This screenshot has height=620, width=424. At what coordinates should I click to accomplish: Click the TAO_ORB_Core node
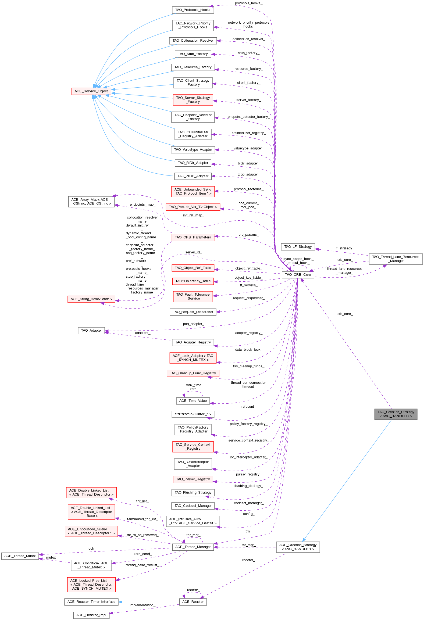[x=298, y=275]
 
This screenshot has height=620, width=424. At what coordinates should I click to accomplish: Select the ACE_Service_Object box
[x=91, y=91]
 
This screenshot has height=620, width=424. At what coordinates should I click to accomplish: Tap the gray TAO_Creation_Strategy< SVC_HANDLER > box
[x=396, y=414]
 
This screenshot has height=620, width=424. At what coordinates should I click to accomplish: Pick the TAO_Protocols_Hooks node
[x=193, y=10]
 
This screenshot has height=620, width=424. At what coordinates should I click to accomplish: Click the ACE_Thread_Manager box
[x=193, y=547]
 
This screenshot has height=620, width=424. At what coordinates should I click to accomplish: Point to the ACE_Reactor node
[x=193, y=602]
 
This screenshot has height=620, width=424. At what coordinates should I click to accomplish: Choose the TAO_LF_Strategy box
[x=298, y=247]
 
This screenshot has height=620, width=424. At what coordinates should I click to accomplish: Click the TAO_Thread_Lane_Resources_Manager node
[x=396, y=259]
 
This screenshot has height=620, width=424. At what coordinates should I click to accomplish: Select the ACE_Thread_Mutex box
[x=20, y=556]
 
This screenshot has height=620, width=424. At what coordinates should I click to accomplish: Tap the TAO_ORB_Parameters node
[x=193, y=237]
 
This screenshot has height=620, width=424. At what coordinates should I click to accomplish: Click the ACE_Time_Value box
[x=193, y=401]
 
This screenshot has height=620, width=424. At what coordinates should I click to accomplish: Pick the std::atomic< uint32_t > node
[x=193, y=414]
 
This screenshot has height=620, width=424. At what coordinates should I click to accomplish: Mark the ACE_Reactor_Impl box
[x=91, y=615]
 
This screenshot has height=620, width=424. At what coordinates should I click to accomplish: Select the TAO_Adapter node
[x=91, y=331]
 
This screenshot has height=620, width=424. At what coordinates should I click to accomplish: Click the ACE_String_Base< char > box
[x=91, y=299]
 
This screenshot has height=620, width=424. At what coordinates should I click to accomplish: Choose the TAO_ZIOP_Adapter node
[x=193, y=176]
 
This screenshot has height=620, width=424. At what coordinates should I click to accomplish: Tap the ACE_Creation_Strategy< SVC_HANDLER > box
[x=298, y=547]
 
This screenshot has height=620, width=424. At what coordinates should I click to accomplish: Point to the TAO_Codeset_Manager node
[x=193, y=506]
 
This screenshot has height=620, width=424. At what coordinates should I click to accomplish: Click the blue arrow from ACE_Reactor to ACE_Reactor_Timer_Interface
[x=148, y=602]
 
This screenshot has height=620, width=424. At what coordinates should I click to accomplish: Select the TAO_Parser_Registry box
[x=193, y=479]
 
